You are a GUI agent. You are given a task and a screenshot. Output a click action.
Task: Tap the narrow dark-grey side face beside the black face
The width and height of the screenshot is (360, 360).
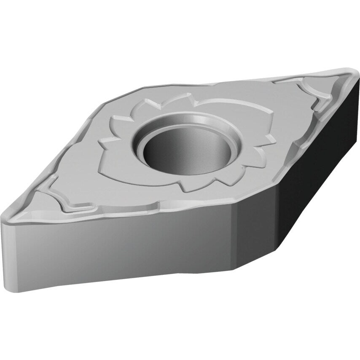pos(257,236)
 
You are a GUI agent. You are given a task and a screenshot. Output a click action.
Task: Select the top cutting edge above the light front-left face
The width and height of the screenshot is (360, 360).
pos(118,215)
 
